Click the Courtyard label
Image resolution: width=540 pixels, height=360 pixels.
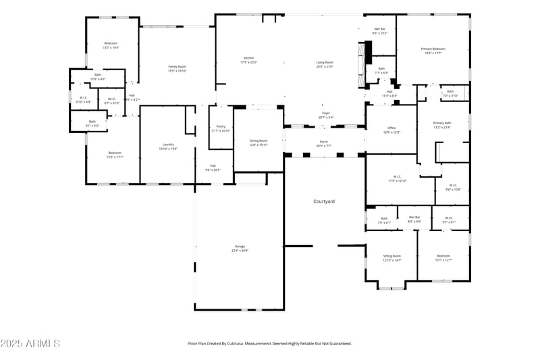pos(324,201)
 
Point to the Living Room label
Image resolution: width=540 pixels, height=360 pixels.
pos(325,63)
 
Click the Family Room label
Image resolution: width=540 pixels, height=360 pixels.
pos(177,67)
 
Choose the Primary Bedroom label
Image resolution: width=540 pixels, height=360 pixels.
pos(433,49)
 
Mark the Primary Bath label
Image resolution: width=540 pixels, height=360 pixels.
pos(442,123)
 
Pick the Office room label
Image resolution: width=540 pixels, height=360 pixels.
pos(391,128)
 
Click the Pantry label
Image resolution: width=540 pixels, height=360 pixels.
pos(221,126)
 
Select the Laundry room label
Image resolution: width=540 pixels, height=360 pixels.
pos(168,145)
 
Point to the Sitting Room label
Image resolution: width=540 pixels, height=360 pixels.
pos(392,256)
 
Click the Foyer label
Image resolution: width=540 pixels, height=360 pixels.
pos(325,113)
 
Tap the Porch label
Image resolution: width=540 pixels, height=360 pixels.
pos(324,142)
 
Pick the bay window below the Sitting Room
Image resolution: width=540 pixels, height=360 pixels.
pos(392,288)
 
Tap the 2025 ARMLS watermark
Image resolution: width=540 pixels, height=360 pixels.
pos(30,344)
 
